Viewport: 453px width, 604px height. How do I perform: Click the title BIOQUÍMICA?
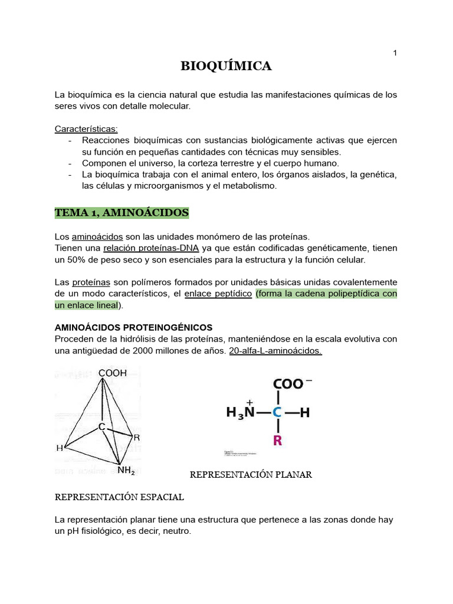pyautogui.click(x=226, y=66)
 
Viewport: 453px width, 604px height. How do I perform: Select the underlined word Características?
pyautogui.click(x=86, y=129)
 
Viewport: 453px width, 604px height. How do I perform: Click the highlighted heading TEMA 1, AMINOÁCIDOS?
pyautogui.click(x=122, y=212)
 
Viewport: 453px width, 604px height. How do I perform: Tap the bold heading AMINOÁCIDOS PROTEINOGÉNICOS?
pyautogui.click(x=133, y=327)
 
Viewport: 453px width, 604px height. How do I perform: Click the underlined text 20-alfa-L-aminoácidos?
pyautogui.click(x=275, y=350)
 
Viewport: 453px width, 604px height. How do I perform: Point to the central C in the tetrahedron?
pyautogui.click(x=101, y=426)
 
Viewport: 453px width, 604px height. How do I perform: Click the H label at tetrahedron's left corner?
pyautogui.click(x=60, y=448)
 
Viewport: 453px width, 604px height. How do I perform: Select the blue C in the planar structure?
pyautogui.click(x=278, y=413)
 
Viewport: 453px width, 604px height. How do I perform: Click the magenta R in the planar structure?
pyautogui.click(x=278, y=440)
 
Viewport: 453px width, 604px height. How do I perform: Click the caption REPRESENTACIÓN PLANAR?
pyautogui.click(x=251, y=474)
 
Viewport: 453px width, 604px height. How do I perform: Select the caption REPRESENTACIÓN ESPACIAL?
pyautogui.click(x=119, y=497)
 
